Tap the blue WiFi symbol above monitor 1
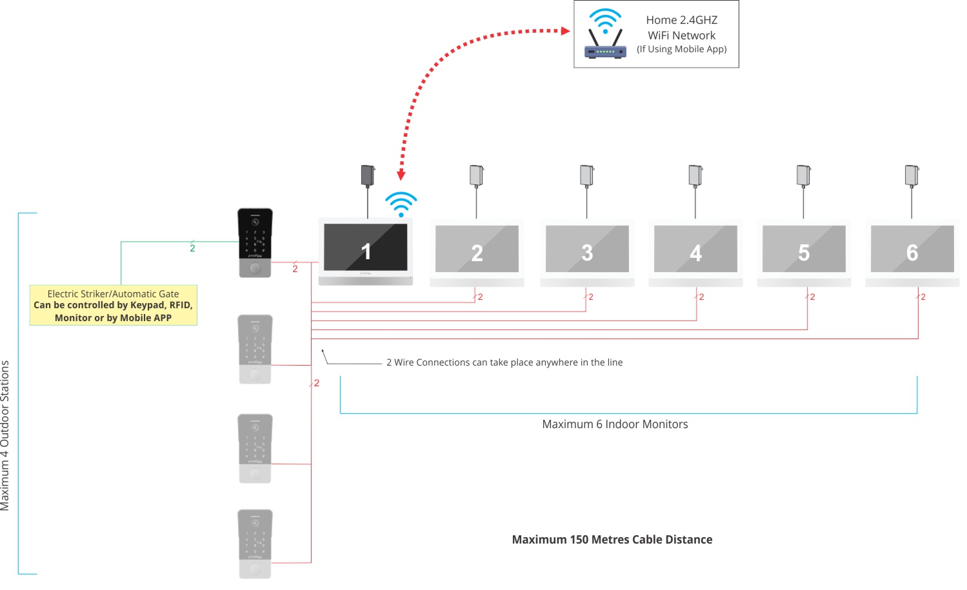coord(401,204)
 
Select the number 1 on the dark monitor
coord(366,251)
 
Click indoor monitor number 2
coord(477,252)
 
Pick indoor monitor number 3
coord(587,252)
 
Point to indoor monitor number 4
coord(695,252)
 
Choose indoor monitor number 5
coord(804,252)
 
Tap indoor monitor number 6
coord(912,252)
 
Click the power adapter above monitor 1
coord(367,175)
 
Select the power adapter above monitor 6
coord(911,175)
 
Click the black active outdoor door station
coord(255,242)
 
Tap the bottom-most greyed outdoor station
coord(255,544)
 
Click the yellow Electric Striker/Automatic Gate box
coord(113,305)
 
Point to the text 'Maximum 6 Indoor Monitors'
coord(615,424)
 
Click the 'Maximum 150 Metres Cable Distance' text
coord(612,540)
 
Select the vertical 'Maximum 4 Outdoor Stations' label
coord(5,435)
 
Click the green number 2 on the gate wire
coord(192,248)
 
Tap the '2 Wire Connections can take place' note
coord(504,362)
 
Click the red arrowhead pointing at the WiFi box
coord(566,30)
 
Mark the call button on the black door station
coord(255,268)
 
